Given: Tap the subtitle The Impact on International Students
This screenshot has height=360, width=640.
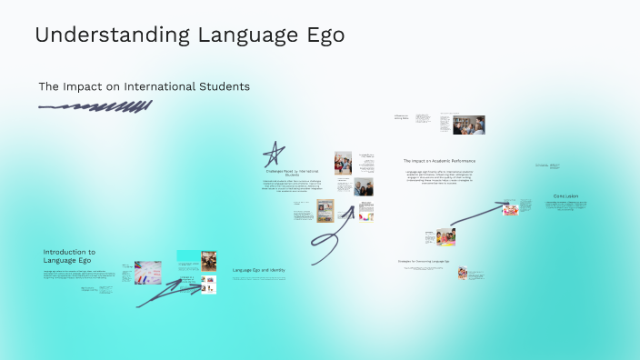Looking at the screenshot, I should tap(144, 86).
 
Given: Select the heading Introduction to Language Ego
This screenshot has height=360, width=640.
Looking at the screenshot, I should tap(69, 255).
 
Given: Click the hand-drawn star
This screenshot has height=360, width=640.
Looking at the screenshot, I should tap(274, 154).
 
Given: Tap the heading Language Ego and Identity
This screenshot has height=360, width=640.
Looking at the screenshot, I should tap(259, 270).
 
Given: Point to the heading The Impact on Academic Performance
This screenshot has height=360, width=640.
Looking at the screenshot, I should tap(439, 161).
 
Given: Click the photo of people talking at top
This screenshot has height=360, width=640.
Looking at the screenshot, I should tap(469, 125).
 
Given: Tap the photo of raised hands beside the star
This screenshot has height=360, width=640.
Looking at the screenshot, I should tap(343, 164).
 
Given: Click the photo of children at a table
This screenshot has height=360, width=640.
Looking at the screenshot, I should tap(445, 236).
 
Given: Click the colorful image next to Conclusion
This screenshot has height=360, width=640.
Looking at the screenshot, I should tap(511, 209).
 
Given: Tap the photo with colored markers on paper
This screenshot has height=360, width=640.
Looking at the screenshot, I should tap(148, 272).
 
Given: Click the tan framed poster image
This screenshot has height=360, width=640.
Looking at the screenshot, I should tap(325, 212).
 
